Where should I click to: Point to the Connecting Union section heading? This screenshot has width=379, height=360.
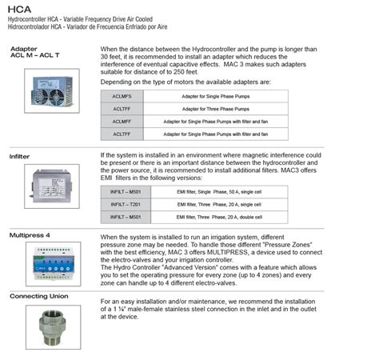pos(39,295)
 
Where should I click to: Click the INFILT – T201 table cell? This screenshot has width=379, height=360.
pos(125,204)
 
